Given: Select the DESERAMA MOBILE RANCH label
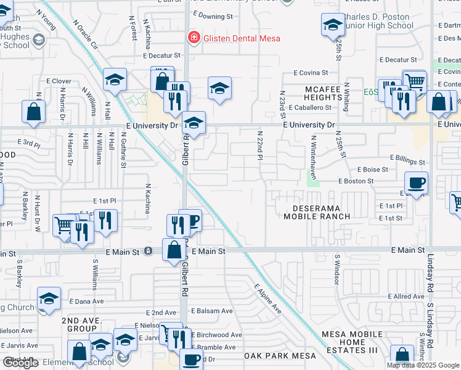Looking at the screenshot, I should (x=317, y=212).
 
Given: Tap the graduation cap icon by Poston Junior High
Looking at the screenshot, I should (x=333, y=25).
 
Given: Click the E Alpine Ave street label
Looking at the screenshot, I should (x=268, y=298).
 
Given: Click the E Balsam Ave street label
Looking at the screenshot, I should (x=212, y=311).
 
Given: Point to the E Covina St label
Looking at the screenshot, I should (x=312, y=73).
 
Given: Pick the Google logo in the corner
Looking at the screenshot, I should (x=20, y=363).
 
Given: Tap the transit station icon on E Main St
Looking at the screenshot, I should (x=148, y=251).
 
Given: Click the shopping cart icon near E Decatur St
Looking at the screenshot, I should (x=415, y=81).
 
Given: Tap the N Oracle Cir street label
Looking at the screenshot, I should (x=85, y=35).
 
